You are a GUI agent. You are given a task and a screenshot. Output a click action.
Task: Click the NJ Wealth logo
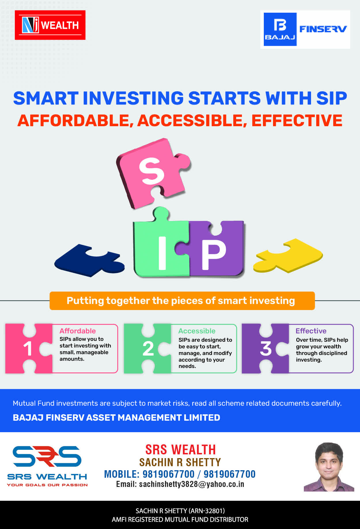(x=50, y=25)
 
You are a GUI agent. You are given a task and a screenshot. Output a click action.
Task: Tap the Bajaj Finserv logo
(x=305, y=29)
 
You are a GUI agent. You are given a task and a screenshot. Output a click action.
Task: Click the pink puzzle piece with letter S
(x=153, y=173)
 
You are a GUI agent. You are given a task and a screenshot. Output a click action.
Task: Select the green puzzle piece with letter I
(x=161, y=245)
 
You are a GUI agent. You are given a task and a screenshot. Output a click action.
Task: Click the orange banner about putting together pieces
(x=182, y=301)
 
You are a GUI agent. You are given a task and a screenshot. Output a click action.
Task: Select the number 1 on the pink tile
(x=28, y=349)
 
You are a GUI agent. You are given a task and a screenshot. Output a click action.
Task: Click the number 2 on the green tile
(x=148, y=349)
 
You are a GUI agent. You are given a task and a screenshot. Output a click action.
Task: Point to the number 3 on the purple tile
(x=266, y=349)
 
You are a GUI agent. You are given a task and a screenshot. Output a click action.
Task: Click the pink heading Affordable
(x=77, y=331)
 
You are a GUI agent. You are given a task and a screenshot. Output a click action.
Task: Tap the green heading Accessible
(x=197, y=331)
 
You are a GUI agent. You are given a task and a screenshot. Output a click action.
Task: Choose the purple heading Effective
(x=311, y=331)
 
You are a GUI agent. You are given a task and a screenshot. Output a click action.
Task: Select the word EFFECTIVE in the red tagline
(x=297, y=120)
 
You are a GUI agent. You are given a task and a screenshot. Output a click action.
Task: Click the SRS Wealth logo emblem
(x=47, y=456)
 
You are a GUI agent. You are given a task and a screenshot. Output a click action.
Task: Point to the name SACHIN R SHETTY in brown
(x=180, y=462)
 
